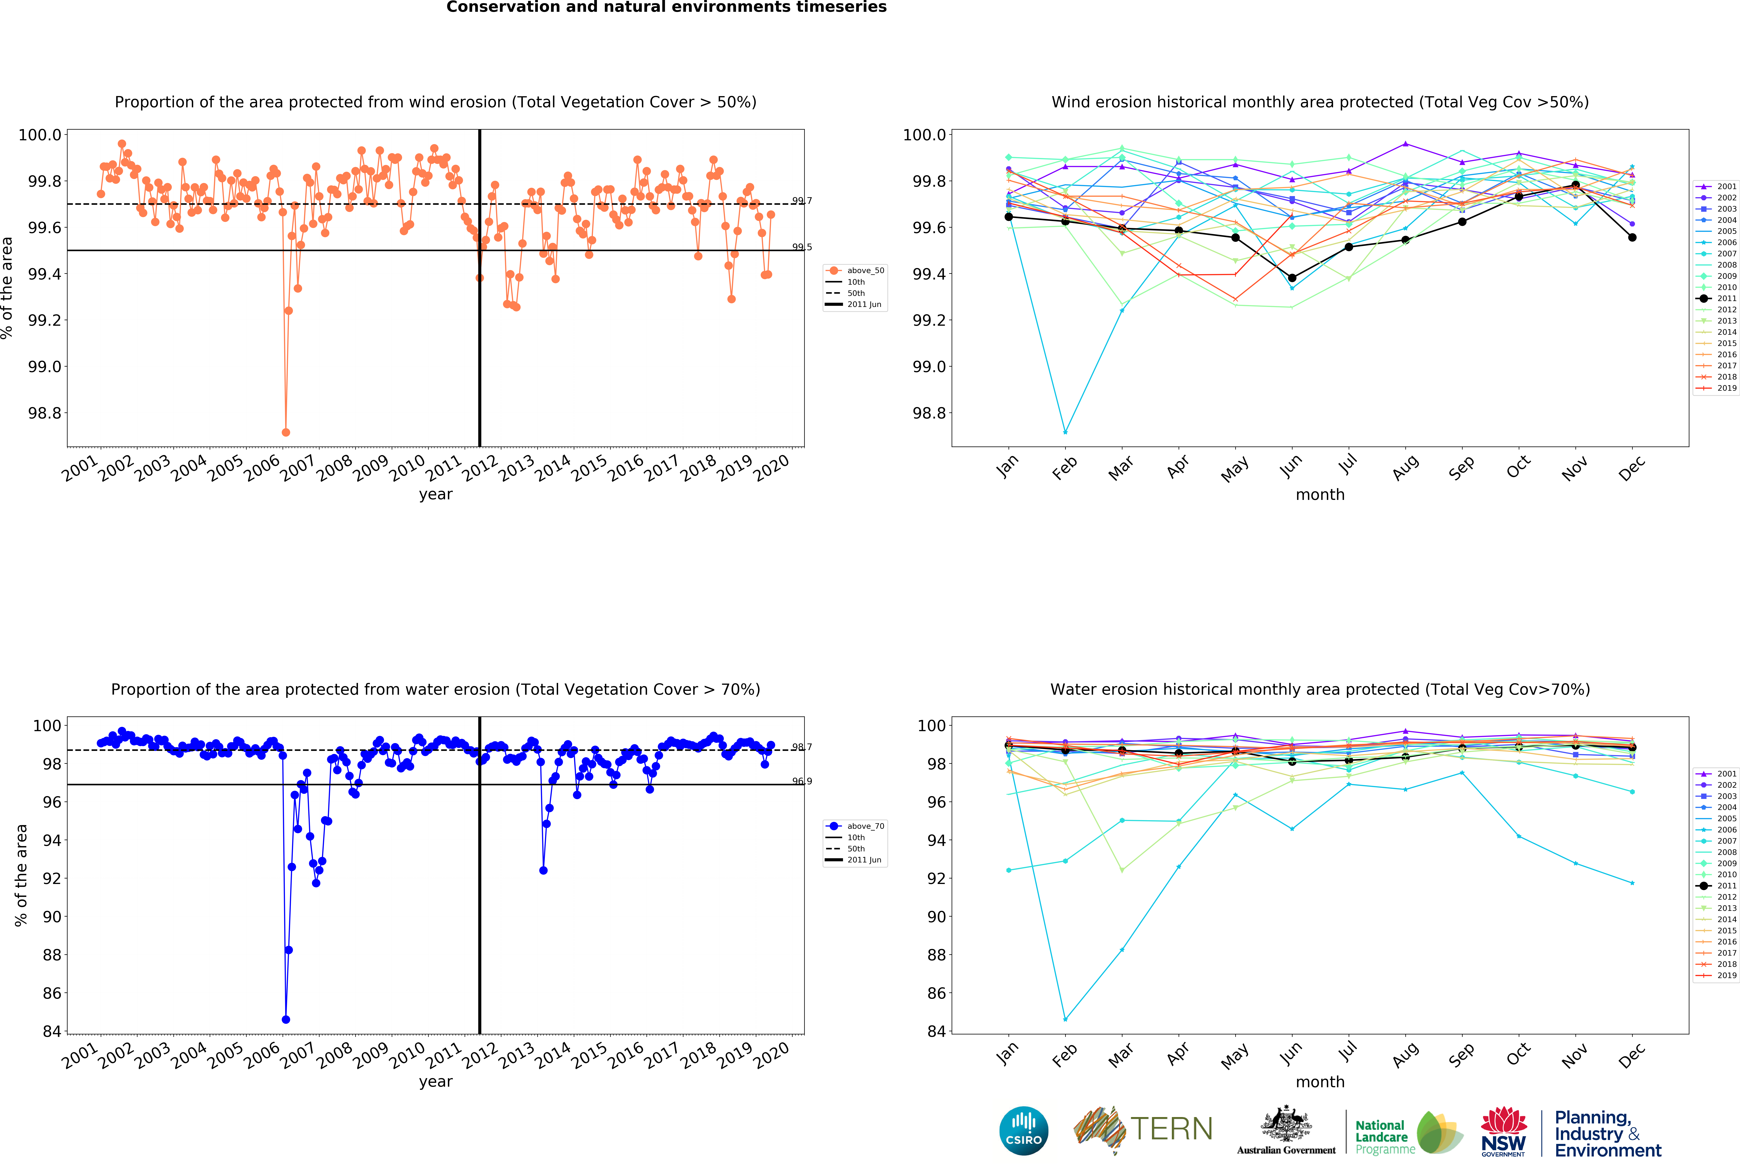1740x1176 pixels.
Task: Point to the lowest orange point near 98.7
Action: (x=285, y=432)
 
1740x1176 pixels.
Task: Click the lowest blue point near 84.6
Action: (x=285, y=1019)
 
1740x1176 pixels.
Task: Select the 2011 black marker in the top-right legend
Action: (x=1705, y=298)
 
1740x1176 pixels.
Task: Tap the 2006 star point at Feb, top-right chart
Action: (x=1065, y=432)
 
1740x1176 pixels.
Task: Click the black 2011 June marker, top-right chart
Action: (x=1292, y=278)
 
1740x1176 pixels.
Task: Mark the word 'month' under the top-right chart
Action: (x=1320, y=495)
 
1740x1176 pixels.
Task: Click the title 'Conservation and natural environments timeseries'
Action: (x=666, y=8)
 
